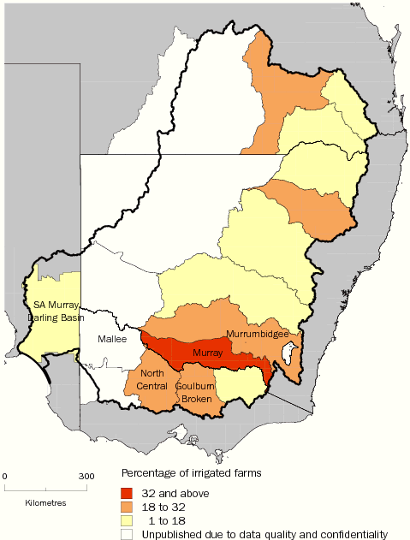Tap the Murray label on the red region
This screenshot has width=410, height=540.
pyautogui.click(x=207, y=352)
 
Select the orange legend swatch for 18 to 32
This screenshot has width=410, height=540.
pyautogui.click(x=127, y=506)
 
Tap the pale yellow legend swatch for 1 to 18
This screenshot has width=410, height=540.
pyautogui.click(x=127, y=519)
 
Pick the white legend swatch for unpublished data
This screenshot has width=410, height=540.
pyautogui.click(x=127, y=532)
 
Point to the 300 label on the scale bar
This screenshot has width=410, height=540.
pyautogui.click(x=86, y=476)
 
